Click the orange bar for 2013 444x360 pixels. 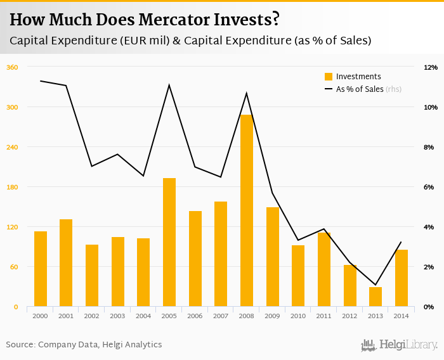(375, 297)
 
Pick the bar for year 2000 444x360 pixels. (41, 269)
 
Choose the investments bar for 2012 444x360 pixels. (349, 286)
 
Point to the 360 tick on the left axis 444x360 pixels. (11, 67)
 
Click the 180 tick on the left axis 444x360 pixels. (11, 187)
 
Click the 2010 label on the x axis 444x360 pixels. (297, 316)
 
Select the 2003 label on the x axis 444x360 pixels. (117, 316)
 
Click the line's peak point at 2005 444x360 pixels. (169, 85)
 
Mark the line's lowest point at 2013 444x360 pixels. (375, 285)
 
